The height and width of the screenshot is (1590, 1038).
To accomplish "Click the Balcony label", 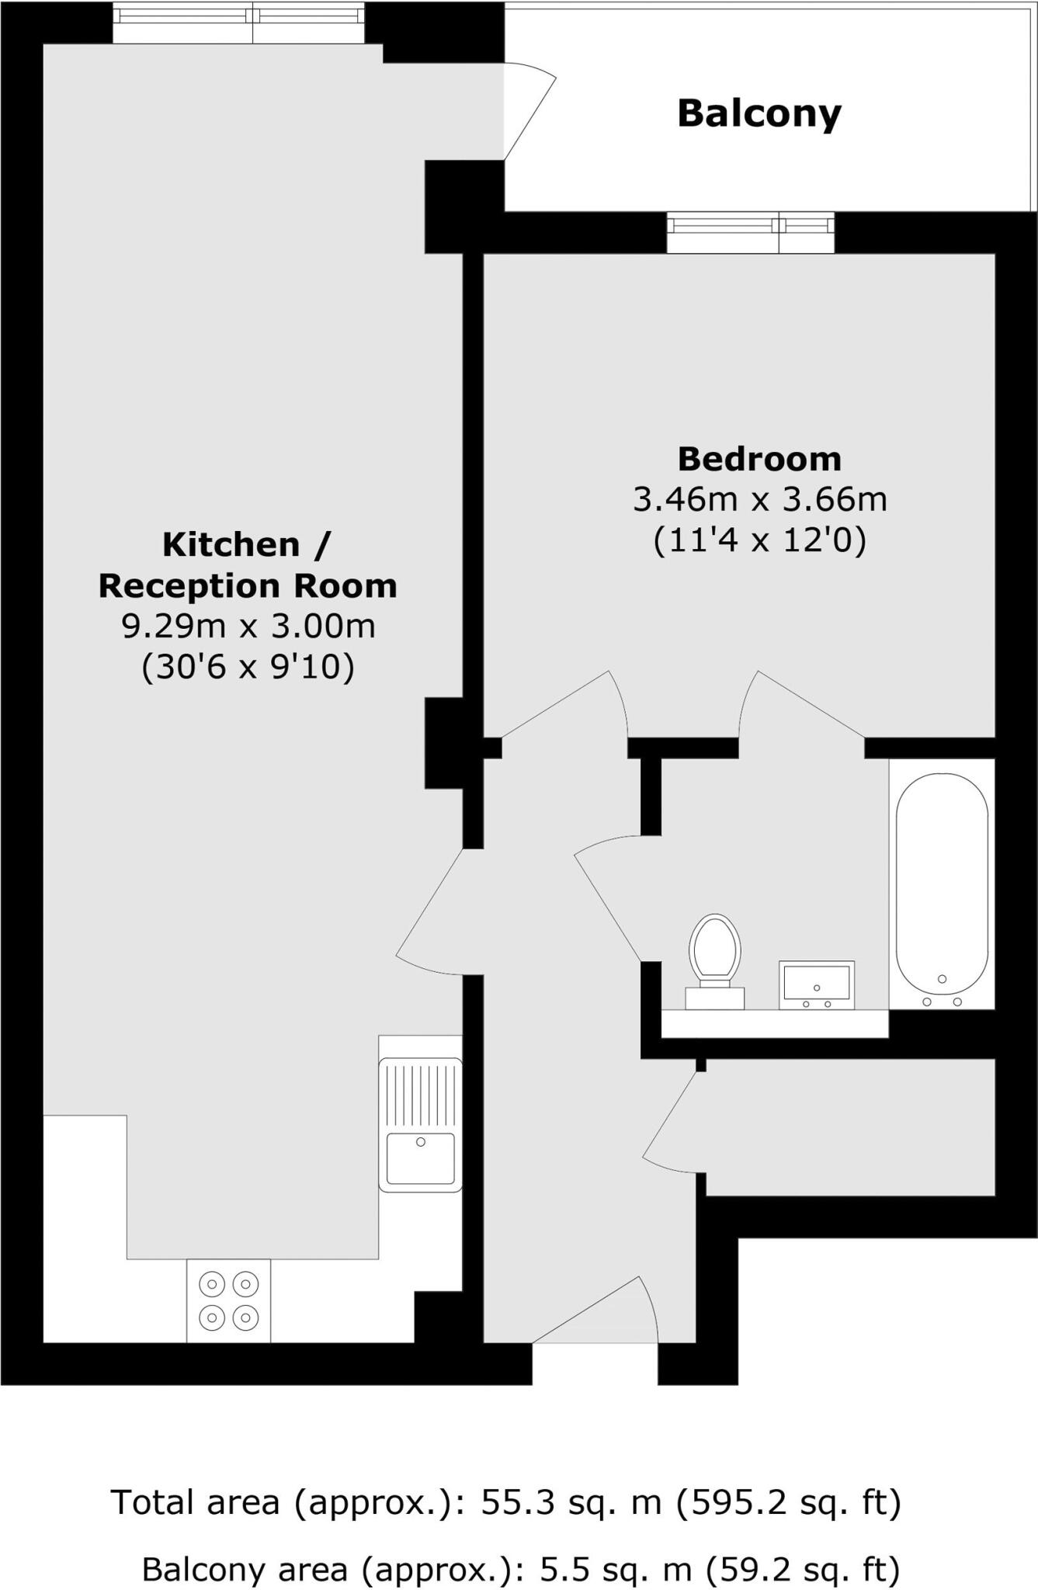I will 759,113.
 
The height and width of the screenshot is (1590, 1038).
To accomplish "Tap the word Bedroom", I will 759,459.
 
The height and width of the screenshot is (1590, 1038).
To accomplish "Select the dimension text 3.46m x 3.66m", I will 759,499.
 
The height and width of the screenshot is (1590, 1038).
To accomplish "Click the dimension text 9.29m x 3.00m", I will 248,626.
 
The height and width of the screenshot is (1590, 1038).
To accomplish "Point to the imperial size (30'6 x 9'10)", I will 248,666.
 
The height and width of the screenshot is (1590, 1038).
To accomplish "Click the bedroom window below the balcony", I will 750,233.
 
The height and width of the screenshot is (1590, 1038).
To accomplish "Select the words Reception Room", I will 248,585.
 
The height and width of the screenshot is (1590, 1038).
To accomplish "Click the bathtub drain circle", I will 942,979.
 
